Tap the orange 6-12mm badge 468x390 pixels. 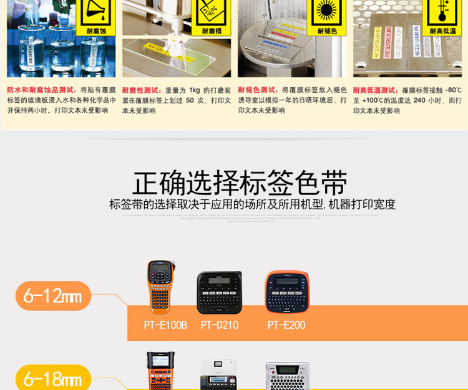53,296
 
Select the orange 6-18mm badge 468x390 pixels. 53,378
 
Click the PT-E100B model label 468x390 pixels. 165,325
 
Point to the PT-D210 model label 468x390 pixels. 220,325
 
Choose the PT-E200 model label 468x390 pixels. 286,325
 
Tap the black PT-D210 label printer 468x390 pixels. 219,292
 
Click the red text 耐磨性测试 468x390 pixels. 142,90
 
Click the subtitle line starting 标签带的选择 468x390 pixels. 252,204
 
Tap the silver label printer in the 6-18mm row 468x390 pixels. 287,376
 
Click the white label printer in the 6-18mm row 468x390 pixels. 218,376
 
